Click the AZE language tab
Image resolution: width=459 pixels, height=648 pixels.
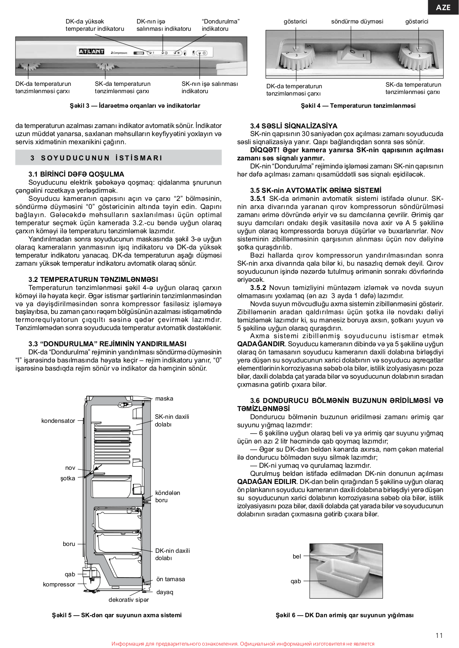point(443,7)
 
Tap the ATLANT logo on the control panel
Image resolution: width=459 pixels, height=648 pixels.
point(91,52)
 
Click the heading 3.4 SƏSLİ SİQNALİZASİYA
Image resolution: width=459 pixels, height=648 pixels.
point(294,126)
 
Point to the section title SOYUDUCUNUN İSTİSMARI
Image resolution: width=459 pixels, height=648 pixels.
point(101,158)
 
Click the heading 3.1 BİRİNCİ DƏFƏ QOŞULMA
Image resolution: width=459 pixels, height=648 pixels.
point(76,174)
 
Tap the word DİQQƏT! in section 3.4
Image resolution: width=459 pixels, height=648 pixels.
point(264,150)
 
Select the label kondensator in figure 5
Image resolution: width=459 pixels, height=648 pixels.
point(58,421)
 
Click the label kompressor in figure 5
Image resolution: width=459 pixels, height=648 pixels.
point(59,584)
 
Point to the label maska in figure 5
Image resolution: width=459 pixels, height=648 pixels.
point(164,399)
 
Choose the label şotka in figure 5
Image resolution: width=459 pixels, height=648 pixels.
point(68,478)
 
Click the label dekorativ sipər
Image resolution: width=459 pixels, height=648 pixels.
point(129,600)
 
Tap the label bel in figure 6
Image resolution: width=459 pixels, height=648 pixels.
point(297,556)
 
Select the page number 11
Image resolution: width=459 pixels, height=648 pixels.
point(439,635)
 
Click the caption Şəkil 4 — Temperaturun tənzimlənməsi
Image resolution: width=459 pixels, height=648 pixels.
point(358,106)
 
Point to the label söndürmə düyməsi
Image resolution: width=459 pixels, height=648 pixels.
point(357,21)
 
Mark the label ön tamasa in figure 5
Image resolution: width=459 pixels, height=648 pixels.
point(171,579)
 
